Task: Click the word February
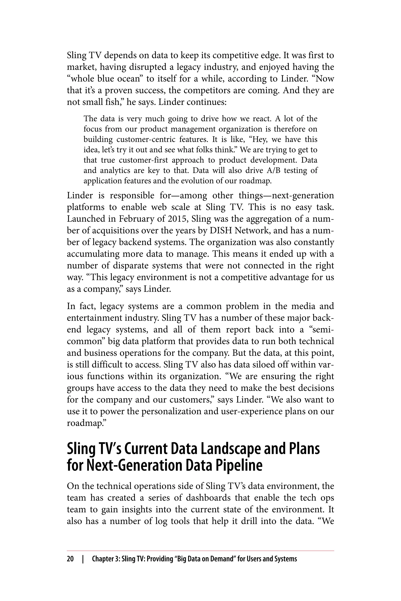click(135, 219)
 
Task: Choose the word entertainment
click(94, 318)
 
